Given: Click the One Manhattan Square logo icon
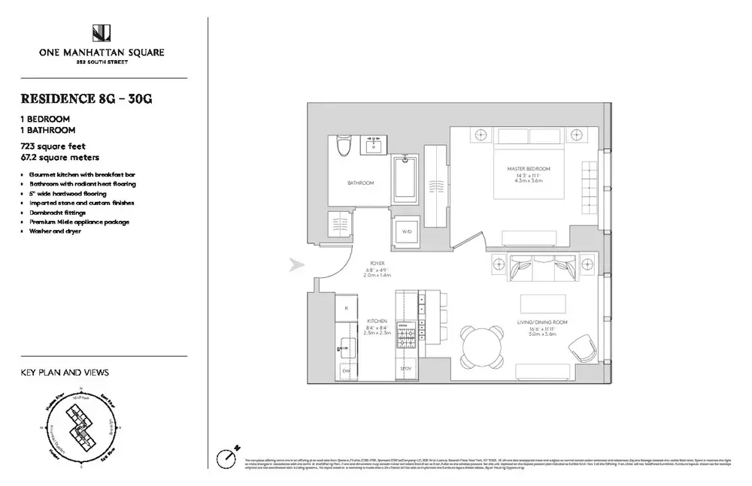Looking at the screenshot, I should [102, 33].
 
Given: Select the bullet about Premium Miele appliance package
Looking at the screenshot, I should [79, 222].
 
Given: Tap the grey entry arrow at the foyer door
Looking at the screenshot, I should [296, 264].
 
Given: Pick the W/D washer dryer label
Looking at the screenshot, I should [405, 231].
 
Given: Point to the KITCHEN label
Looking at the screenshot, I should [378, 321].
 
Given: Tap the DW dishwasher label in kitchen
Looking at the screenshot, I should [346, 370].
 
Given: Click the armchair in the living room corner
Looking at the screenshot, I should [582, 349].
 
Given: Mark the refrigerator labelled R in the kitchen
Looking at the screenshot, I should [345, 309].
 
